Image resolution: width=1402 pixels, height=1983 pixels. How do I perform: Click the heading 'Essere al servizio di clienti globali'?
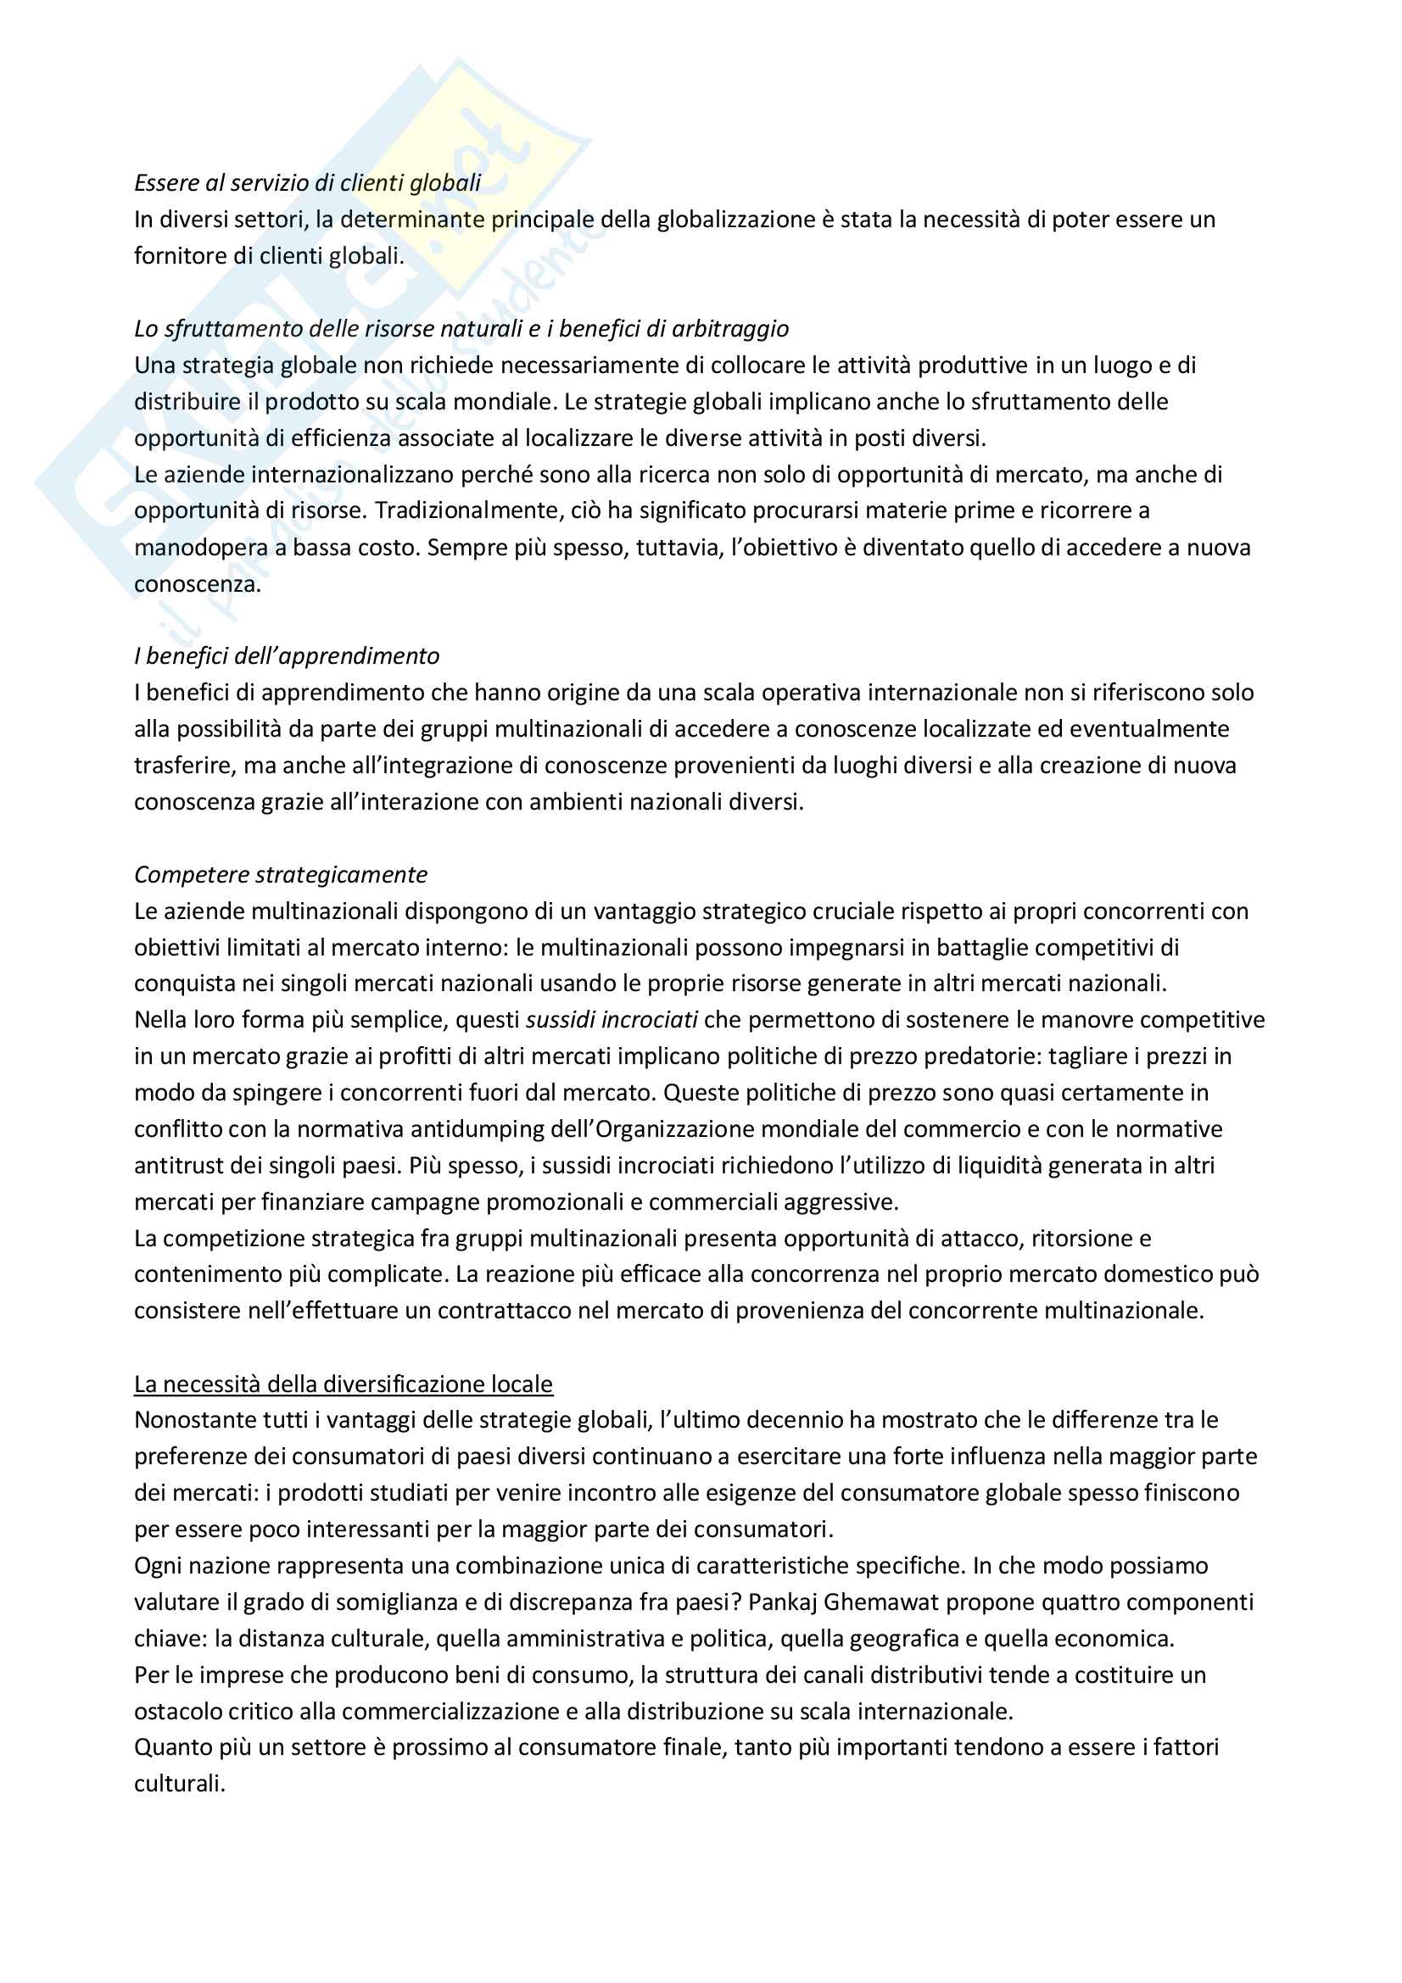(308, 183)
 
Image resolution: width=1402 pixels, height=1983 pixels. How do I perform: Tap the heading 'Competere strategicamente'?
(281, 875)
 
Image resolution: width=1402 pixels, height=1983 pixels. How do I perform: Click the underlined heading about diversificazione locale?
(343, 1384)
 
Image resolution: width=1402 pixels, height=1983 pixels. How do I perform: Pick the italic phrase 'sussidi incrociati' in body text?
(612, 1020)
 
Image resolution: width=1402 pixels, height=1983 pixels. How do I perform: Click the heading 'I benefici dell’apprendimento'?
(287, 656)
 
